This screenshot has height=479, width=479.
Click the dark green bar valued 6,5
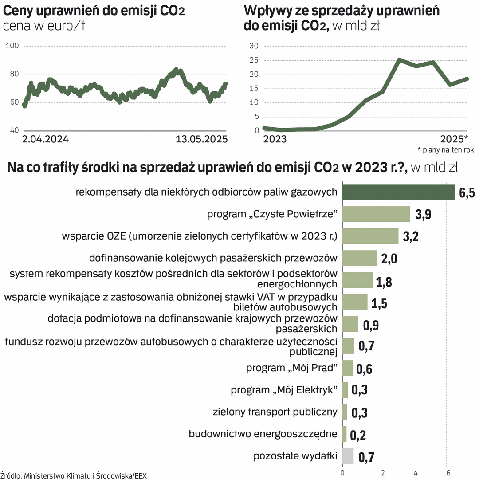[x=399, y=192]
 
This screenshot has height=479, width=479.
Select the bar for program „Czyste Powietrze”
[x=376, y=214]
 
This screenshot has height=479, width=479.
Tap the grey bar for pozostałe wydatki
[x=348, y=455]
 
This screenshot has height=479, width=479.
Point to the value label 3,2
[x=411, y=236]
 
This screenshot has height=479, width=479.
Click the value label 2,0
[x=389, y=258]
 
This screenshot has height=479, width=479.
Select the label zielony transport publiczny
[x=275, y=412]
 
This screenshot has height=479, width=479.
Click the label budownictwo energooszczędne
[x=263, y=433]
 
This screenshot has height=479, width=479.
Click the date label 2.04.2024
[x=45, y=139]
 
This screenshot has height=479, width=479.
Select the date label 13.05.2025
[x=201, y=139]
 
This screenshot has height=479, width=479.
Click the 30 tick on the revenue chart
[x=254, y=46]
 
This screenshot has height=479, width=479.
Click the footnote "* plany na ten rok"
[x=445, y=150]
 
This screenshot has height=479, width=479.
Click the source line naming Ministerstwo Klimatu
[x=73, y=475]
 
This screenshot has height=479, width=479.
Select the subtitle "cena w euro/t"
[x=43, y=26]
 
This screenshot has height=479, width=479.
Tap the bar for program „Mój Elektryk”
[x=345, y=390]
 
